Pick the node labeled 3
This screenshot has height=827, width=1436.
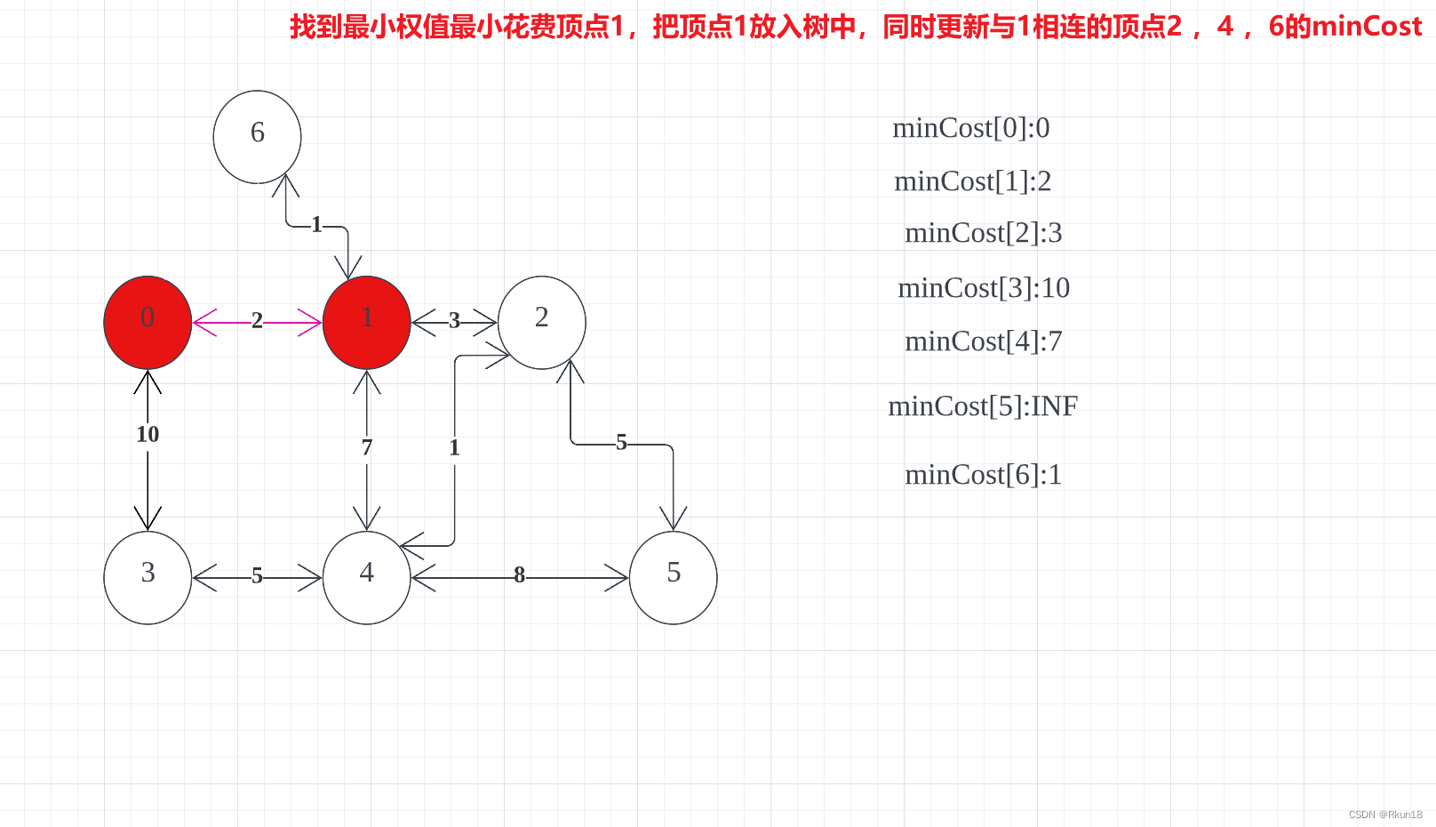coord(148,577)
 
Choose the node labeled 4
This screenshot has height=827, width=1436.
coord(366,577)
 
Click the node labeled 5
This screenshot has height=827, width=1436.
coord(673,577)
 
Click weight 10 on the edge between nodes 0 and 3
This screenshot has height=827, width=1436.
coord(148,434)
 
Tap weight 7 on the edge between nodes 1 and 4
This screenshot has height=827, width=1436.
coord(366,447)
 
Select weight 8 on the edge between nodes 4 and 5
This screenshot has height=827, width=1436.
coord(519,575)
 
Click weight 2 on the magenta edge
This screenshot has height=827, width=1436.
coord(257,320)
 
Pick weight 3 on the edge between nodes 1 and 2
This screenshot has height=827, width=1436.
coord(454,320)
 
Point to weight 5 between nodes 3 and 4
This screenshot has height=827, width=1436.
coord(257,575)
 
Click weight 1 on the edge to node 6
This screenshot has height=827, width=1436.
coord(316,225)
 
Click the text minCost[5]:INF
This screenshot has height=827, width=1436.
coord(983,406)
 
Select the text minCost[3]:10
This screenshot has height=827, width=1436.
coord(984,288)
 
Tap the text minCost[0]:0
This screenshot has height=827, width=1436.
coord(970,128)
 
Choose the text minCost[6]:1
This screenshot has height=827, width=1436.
coord(983,475)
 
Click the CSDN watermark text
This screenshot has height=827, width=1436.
coord(1384,815)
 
